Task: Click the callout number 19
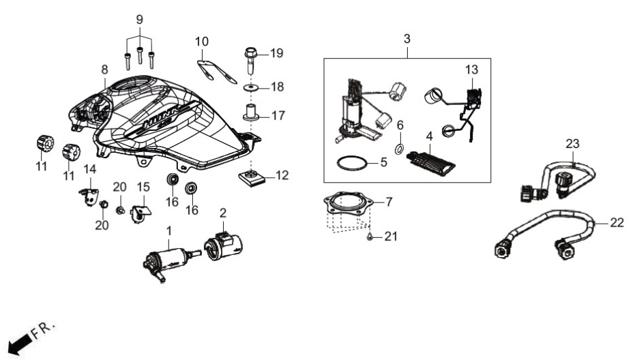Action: pos(277,53)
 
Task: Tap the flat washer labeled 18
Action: pos(251,87)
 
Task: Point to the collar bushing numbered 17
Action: pos(251,112)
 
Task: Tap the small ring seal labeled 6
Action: pos(399,149)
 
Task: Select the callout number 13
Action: pos(471,70)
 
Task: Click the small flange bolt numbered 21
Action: pos(370,237)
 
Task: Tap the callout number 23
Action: pos(573,143)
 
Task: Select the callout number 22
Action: pos(617,222)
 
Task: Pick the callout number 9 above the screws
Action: pos(139,20)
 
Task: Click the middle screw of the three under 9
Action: pos(139,55)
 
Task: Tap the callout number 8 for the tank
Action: pos(104,70)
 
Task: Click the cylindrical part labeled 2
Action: pos(223,245)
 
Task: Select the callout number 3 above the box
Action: pos(407,39)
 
